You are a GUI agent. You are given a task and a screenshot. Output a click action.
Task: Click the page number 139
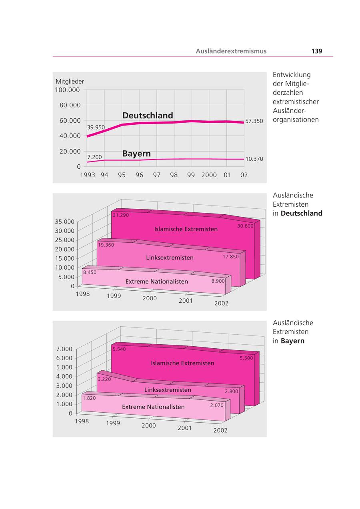click(x=316, y=51)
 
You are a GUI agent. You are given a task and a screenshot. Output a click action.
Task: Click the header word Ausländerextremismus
click(x=231, y=51)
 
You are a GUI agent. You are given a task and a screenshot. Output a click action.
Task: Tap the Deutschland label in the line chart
click(x=148, y=116)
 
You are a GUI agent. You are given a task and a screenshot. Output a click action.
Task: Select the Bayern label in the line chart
click(x=136, y=154)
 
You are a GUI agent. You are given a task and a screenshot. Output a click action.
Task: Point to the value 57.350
click(x=254, y=121)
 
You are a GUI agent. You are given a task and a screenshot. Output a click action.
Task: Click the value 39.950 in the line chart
click(x=96, y=128)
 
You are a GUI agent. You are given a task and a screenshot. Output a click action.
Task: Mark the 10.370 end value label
click(x=254, y=159)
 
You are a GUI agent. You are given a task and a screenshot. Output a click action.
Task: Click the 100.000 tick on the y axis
click(x=68, y=90)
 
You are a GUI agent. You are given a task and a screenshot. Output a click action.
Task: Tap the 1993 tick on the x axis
click(x=88, y=175)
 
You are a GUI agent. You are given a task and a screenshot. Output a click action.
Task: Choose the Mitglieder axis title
click(x=70, y=82)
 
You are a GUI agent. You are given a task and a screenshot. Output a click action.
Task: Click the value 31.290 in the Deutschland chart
click(x=121, y=215)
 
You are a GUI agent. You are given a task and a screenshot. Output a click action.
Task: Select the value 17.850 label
click(x=230, y=257)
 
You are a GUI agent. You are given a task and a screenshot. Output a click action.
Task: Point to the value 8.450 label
click(x=90, y=272)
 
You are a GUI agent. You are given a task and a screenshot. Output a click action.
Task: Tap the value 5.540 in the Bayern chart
click(x=119, y=349)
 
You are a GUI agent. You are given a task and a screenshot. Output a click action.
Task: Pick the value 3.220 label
click(x=104, y=379)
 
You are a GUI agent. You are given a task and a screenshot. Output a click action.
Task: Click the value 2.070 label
click(x=216, y=405)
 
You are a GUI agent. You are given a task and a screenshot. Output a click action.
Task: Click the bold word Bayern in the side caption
click(x=292, y=341)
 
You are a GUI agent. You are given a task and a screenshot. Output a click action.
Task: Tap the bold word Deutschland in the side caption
click(x=301, y=214)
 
